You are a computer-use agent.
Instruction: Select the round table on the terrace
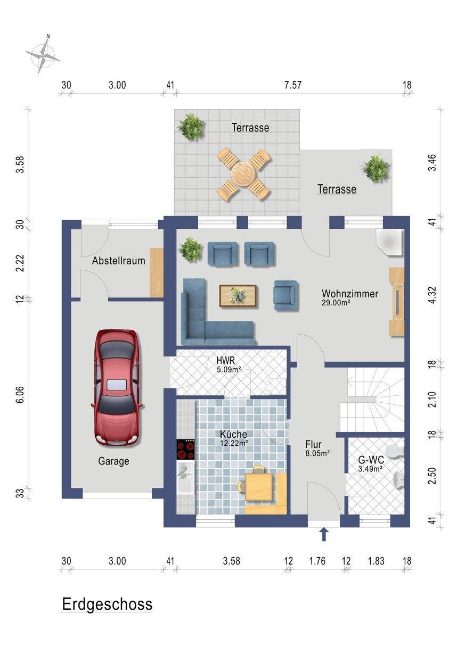[x=244, y=174]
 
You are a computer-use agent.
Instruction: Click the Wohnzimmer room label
[x=350, y=294]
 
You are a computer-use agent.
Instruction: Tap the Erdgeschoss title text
[x=107, y=604]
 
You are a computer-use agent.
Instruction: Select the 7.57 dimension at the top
[x=293, y=85]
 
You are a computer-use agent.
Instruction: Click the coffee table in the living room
[x=238, y=296]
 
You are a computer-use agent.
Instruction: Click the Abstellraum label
[x=118, y=261]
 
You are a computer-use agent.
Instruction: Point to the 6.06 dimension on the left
[x=21, y=394]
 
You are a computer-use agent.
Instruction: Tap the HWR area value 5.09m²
[x=229, y=369]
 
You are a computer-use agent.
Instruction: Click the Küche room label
[x=233, y=434]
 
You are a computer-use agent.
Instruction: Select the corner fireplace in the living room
[x=389, y=242]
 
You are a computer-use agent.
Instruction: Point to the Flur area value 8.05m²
[x=317, y=453]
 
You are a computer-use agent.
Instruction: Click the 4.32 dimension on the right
[x=432, y=295]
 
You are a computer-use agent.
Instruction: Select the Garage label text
[x=113, y=461]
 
